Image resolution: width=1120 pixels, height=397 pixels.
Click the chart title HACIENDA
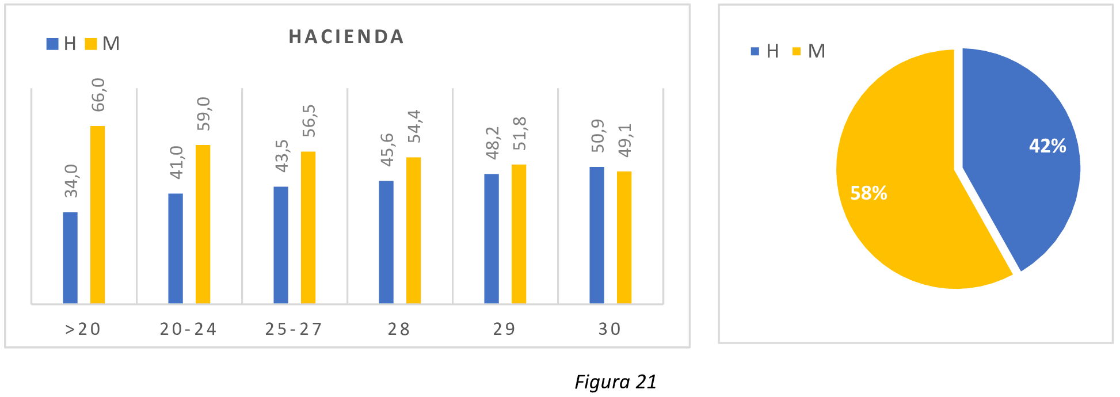(x=346, y=37)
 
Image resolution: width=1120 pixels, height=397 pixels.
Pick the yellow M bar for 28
(x=413, y=230)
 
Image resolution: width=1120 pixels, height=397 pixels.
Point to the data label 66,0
(x=98, y=95)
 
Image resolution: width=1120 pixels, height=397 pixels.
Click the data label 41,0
(x=176, y=162)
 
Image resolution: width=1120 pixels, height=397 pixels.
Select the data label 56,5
(x=309, y=120)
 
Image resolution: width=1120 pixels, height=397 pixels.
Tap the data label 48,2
(x=492, y=143)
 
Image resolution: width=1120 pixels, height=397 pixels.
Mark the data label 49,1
(x=624, y=140)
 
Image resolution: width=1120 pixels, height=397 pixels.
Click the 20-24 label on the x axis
(x=188, y=329)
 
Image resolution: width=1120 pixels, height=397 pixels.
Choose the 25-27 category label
(x=294, y=329)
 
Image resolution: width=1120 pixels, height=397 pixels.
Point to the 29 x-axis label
(x=504, y=329)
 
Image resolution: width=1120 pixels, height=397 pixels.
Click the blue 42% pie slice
(x=1024, y=173)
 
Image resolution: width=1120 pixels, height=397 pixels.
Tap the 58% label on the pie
(x=868, y=193)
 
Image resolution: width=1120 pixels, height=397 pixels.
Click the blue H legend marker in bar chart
(x=52, y=44)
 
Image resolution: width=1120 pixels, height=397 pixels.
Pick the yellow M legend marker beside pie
(x=797, y=51)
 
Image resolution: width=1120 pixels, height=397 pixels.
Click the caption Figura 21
(x=615, y=382)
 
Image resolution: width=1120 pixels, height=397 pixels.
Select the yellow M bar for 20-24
(x=203, y=224)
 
